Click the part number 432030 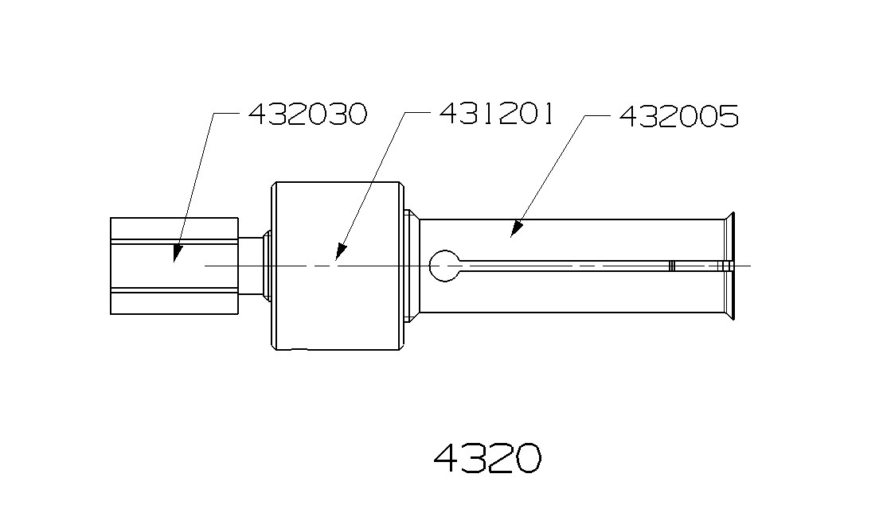pyautogui.click(x=307, y=115)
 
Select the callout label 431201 pyautogui.click(x=497, y=114)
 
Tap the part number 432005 pyautogui.click(x=678, y=116)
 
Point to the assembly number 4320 pyautogui.click(x=487, y=458)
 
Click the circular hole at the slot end pyautogui.click(x=444, y=265)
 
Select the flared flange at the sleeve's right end pyautogui.click(x=730, y=265)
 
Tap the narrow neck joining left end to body pyautogui.click(x=253, y=266)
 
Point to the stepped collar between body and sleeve pyautogui.click(x=412, y=266)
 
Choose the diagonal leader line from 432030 pyautogui.click(x=195, y=183)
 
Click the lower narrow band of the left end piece pyautogui.click(x=174, y=290)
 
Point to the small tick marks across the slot pyautogui.click(x=672, y=266)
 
